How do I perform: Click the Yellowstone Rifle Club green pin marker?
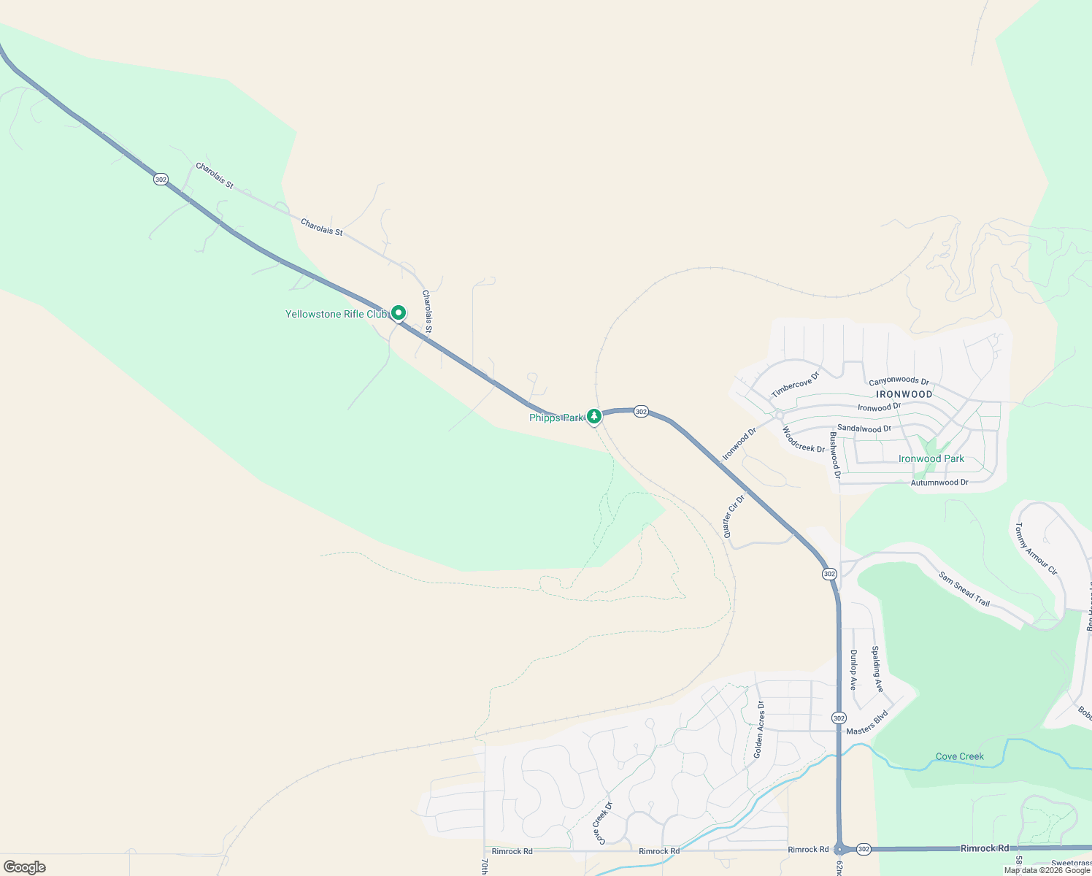pos(399,313)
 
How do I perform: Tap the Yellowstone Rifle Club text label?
pos(336,315)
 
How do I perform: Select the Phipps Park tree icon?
pos(594,416)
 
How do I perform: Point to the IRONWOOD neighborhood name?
pos(904,394)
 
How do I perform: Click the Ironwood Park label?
pos(931,459)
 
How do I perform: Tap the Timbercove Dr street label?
pos(796,385)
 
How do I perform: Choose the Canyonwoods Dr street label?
pos(899,381)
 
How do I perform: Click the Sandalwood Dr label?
pos(864,429)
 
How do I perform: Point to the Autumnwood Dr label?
pos(939,483)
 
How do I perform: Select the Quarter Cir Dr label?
pos(734,516)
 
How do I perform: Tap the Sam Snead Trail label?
pos(964,590)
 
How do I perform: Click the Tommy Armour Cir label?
pos(1036,548)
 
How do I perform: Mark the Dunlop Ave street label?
pos(853,670)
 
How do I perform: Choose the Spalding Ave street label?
pos(877,669)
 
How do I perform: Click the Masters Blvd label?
pos(867,723)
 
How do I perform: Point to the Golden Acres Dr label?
pos(760,729)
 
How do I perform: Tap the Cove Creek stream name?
pos(960,756)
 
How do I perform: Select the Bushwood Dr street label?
pos(835,454)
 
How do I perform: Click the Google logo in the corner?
pos(25,867)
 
